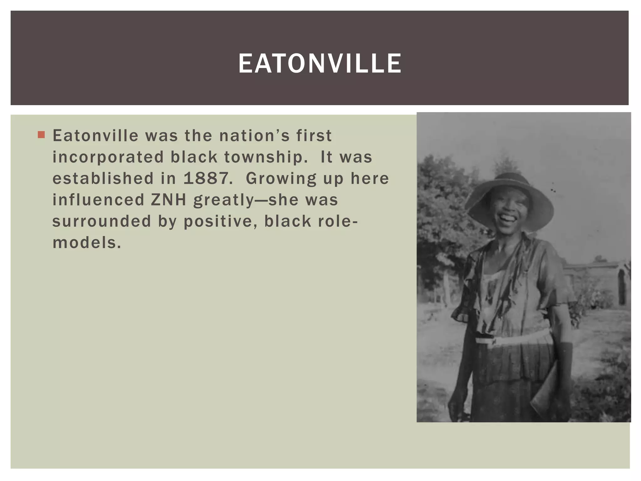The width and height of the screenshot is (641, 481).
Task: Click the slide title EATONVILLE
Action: coord(320,64)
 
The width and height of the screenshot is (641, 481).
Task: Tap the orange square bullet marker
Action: coord(41,135)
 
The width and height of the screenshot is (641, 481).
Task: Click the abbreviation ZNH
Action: coord(168,200)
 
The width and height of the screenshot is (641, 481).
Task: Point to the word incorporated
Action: coord(108,157)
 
